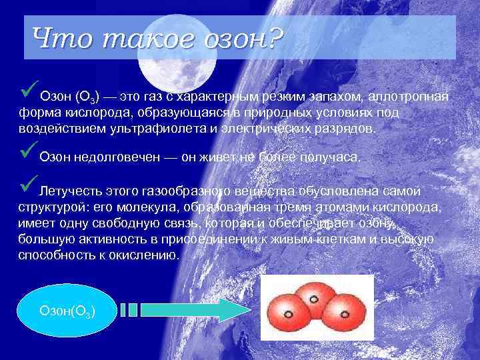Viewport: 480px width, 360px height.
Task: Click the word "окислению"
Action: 147,255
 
